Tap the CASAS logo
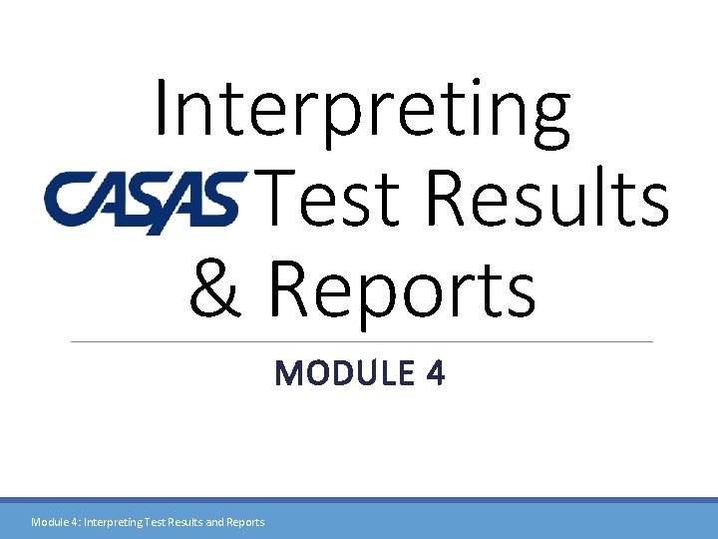click(x=145, y=201)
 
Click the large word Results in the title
click(x=547, y=199)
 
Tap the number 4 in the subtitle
click(x=435, y=373)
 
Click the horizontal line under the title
click(x=362, y=341)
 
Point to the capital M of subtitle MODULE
click(x=288, y=373)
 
